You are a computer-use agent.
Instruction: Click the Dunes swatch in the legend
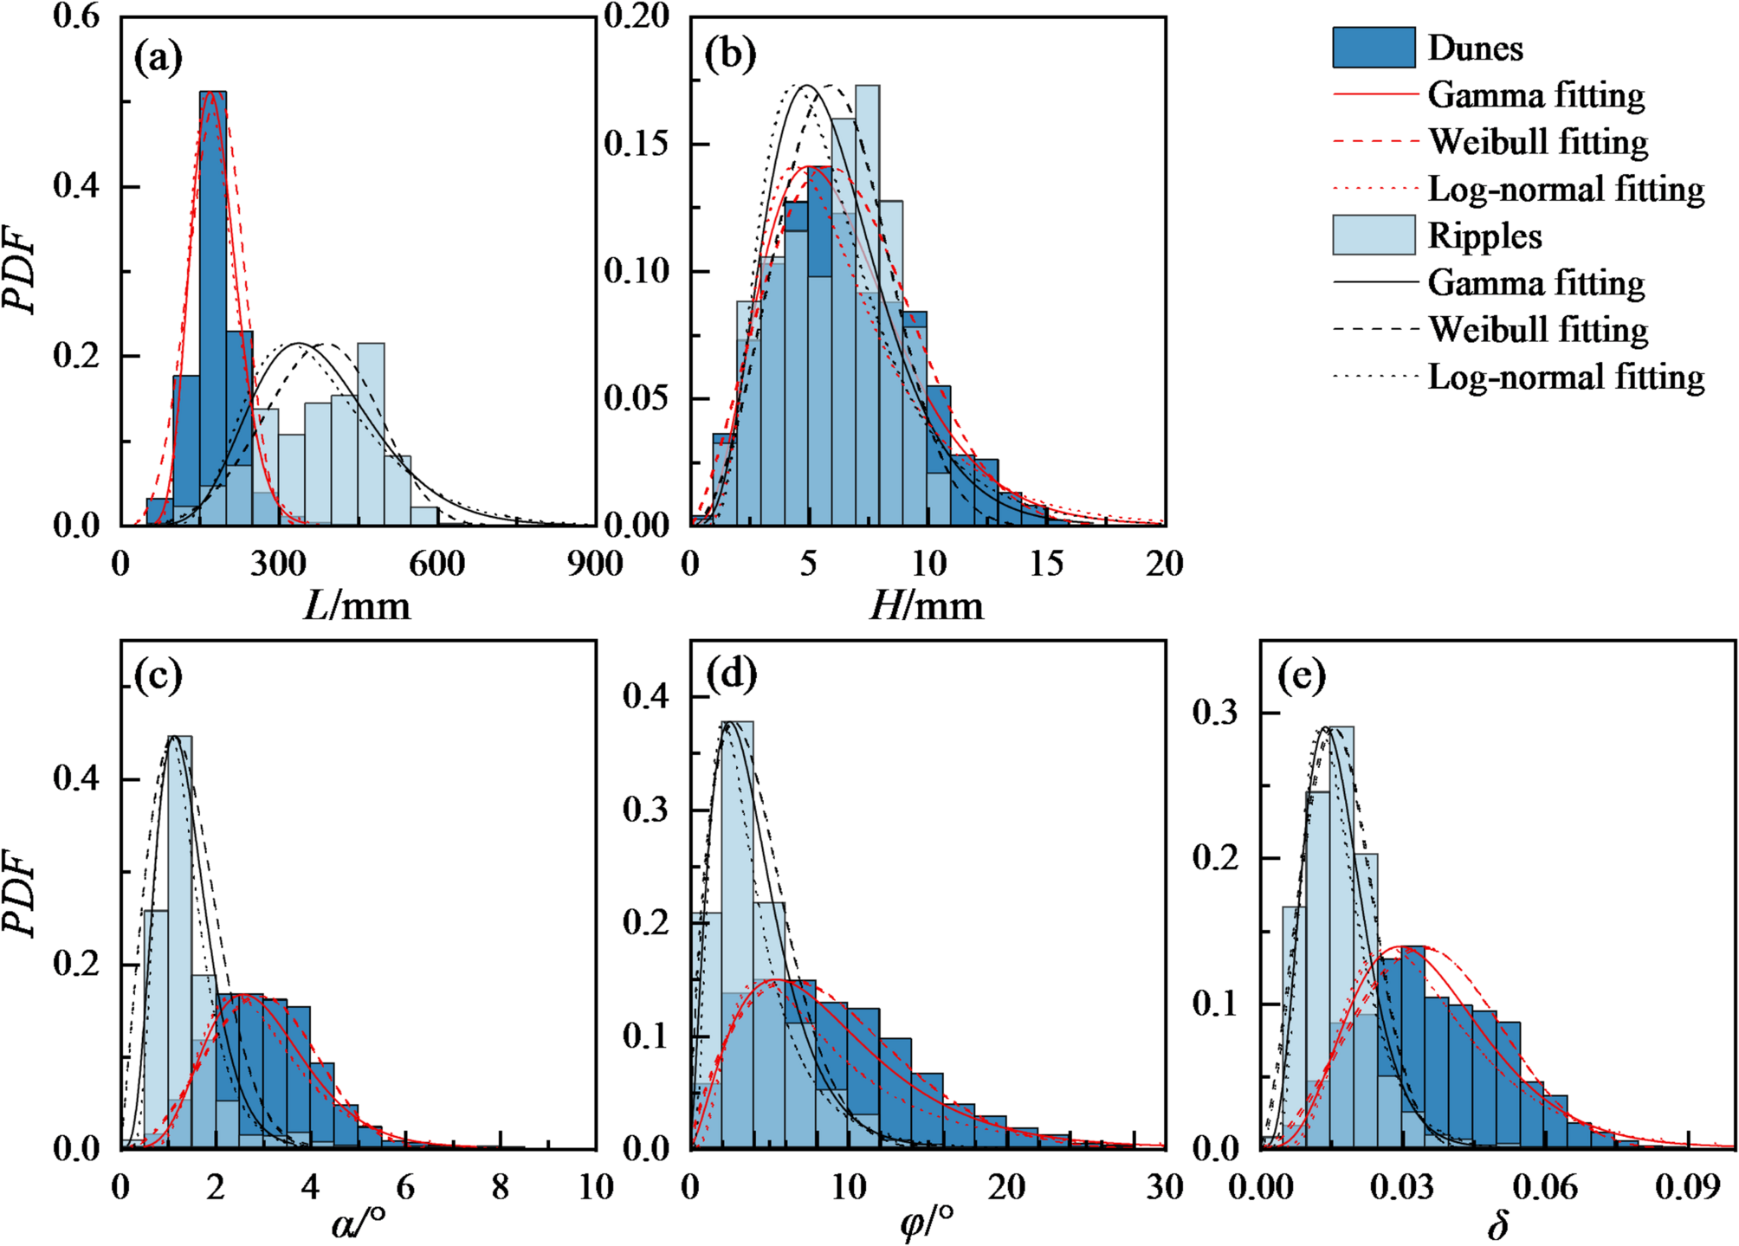(1374, 48)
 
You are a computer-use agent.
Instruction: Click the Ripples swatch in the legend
(1374, 236)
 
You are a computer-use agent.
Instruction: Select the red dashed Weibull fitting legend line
(1375, 142)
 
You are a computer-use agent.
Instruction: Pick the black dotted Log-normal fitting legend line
(1375, 377)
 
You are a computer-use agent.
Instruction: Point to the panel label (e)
(1301, 676)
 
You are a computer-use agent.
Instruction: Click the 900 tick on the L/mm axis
(595, 565)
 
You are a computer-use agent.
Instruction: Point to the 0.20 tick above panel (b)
(637, 16)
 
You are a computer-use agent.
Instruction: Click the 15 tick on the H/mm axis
(1046, 565)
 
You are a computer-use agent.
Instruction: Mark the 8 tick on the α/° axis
(501, 1187)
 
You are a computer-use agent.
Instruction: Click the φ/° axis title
(927, 1223)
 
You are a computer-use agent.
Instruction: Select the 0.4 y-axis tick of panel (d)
(646, 696)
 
